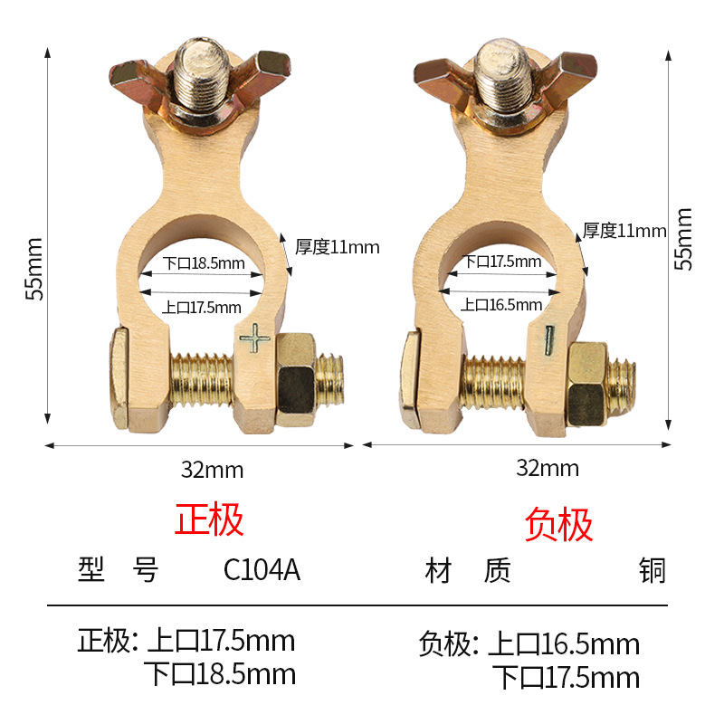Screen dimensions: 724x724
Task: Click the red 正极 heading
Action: pos(209,520)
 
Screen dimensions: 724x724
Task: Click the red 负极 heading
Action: pos(559,525)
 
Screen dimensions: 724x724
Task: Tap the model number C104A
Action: pos(262,571)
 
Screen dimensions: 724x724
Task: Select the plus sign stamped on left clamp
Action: pos(255,340)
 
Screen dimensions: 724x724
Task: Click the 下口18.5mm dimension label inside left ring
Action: pos(205,264)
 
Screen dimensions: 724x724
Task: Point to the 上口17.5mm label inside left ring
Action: pos(202,307)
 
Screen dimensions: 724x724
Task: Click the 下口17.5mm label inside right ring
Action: pos(503,262)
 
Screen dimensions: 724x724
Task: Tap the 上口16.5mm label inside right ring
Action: pos(501,304)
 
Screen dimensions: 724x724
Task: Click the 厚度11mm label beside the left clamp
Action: pos(338,246)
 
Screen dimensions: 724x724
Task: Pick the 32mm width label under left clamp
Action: pos(213,470)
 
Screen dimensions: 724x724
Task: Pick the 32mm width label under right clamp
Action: pos(548,469)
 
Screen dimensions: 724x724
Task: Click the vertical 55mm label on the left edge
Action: pos(33,269)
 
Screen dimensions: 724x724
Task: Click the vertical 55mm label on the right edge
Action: pos(684,239)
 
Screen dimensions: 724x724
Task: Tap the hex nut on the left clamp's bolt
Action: pos(298,379)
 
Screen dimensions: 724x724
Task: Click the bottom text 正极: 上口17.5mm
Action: pos(186,642)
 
